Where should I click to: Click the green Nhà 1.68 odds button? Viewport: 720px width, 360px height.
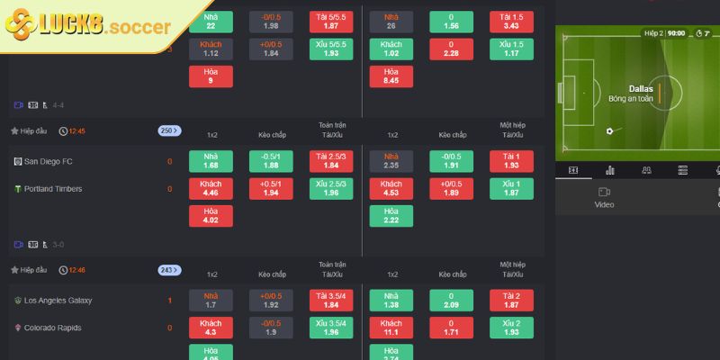pyautogui.click(x=211, y=161)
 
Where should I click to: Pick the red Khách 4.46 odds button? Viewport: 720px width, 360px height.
pyautogui.click(x=211, y=189)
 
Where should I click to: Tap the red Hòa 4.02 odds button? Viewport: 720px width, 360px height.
pyautogui.click(x=211, y=216)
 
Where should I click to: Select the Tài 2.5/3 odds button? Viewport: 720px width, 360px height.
pyautogui.click(x=331, y=161)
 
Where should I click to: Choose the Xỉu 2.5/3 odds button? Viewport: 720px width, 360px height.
pyautogui.click(x=331, y=189)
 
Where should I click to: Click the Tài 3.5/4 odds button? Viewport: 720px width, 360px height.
pyautogui.click(x=331, y=300)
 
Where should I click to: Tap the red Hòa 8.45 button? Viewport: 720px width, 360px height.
pyautogui.click(x=391, y=76)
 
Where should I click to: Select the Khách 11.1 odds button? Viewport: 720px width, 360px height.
pyautogui.click(x=391, y=328)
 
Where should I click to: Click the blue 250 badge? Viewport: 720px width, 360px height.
pyautogui.click(x=169, y=130)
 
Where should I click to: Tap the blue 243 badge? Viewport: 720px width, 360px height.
pyautogui.click(x=169, y=269)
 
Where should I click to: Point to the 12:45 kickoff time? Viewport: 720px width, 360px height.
pyautogui.click(x=76, y=130)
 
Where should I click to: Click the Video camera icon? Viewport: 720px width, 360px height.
pyautogui.click(x=604, y=192)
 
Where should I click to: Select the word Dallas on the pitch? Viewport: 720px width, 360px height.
pyautogui.click(x=641, y=88)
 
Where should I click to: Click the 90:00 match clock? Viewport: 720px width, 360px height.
pyautogui.click(x=676, y=33)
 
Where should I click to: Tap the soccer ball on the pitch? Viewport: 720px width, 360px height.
pyautogui.click(x=609, y=131)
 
